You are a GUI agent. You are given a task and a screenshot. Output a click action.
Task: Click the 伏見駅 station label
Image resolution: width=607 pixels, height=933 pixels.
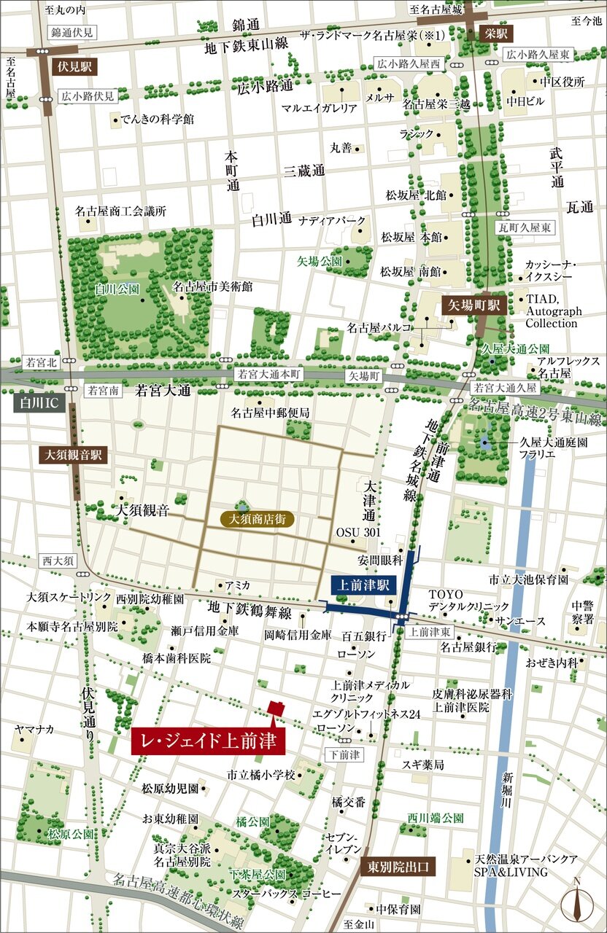73,66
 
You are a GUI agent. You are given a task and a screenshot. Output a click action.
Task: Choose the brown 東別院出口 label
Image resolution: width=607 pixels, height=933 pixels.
398,867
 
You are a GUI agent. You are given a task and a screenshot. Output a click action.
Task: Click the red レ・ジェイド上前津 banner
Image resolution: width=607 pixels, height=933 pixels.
208,741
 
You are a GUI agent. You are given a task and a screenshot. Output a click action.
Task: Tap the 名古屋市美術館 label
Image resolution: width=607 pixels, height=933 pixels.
212,287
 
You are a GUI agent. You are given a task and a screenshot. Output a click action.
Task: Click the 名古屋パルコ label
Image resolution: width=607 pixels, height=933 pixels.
378,328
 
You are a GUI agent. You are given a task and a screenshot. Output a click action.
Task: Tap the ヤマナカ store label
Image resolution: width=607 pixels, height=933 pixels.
34,729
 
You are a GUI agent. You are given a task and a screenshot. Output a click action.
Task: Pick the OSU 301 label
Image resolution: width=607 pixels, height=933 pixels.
358,532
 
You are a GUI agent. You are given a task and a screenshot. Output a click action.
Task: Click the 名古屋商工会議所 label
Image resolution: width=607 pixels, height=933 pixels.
120,211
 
